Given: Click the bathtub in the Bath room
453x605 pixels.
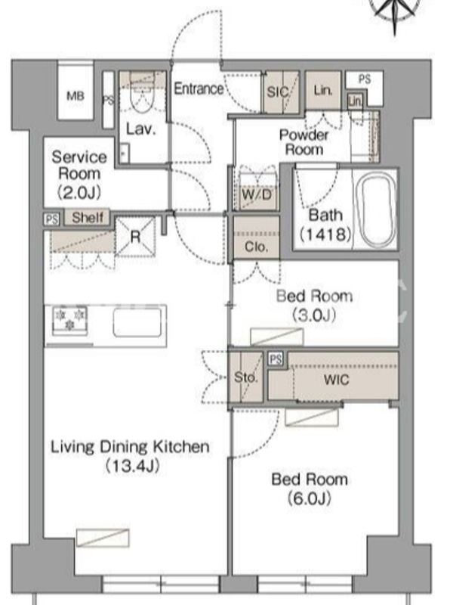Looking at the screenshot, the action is [x=375, y=210].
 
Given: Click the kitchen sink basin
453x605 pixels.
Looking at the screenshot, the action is [x=137, y=323].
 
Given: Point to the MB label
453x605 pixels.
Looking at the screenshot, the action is [x=75, y=95].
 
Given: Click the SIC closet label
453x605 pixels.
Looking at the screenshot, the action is [x=277, y=92].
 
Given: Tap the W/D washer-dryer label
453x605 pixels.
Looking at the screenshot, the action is [x=257, y=195].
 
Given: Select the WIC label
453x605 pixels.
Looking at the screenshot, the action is [x=336, y=380].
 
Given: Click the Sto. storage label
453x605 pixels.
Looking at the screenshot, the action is [x=245, y=377].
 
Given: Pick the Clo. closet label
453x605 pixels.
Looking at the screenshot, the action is [x=256, y=247].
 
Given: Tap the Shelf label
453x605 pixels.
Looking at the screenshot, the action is [x=88, y=217].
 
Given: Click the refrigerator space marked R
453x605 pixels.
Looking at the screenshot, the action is [x=135, y=237].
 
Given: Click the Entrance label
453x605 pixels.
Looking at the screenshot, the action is [x=199, y=88].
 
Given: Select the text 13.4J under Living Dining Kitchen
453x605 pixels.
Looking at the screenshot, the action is [x=131, y=466].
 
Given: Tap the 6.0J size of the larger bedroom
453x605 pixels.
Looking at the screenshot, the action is [x=310, y=498].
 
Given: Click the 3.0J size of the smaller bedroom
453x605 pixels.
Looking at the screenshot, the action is [x=314, y=315].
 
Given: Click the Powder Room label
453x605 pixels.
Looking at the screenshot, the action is [x=304, y=142].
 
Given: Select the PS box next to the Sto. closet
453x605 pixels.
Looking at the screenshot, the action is [x=276, y=359].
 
